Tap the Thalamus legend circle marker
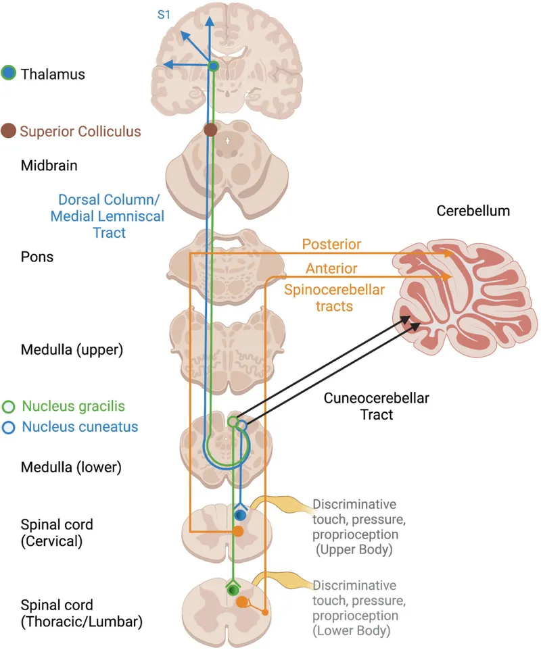click(x=9, y=74)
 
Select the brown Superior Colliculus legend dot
click(x=9, y=130)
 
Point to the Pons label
click(x=37, y=257)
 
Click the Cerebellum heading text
click(x=473, y=211)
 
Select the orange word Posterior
click(x=331, y=244)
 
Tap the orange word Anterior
click(x=331, y=268)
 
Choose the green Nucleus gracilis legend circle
click(x=9, y=407)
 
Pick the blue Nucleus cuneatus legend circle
click(x=9, y=427)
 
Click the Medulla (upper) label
click(x=62, y=350)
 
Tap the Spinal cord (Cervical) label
click(x=57, y=532)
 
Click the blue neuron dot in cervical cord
click(x=239, y=515)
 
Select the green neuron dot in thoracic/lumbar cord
click(x=233, y=590)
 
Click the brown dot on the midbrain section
click(x=210, y=129)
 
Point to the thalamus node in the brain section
click(x=213, y=66)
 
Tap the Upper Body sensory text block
click(x=354, y=527)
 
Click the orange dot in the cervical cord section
click(x=238, y=532)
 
